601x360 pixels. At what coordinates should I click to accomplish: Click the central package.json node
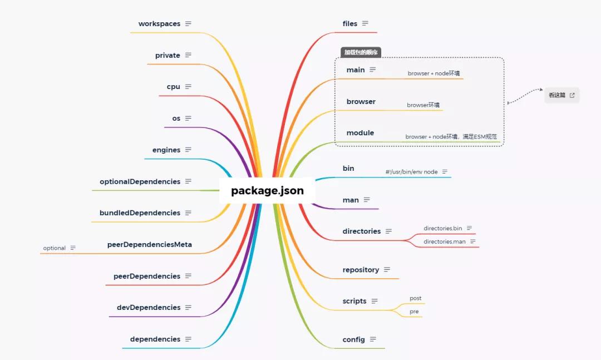267,191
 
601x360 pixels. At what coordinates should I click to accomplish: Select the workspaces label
159,24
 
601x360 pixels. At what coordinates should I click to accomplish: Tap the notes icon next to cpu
188,87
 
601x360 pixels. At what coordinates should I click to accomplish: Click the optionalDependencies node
140,181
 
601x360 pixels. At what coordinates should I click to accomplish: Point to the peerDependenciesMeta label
149,244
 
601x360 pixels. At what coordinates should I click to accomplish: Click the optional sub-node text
55,248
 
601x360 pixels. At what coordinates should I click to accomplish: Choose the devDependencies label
149,307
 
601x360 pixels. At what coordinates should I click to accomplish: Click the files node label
350,23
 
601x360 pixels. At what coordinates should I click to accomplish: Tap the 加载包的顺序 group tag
361,52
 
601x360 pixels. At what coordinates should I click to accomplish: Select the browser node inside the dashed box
361,101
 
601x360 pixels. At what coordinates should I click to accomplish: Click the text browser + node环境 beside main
433,73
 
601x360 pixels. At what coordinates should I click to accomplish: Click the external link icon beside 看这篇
572,95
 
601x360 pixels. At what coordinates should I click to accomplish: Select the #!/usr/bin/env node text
411,172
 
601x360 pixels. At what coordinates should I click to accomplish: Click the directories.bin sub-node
442,228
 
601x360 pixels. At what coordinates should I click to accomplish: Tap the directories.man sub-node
444,241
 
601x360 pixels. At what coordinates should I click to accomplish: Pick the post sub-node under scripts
415,298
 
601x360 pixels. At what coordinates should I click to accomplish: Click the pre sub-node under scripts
414,312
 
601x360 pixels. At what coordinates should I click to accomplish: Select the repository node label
361,270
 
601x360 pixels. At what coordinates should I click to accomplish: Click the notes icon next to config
373,339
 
